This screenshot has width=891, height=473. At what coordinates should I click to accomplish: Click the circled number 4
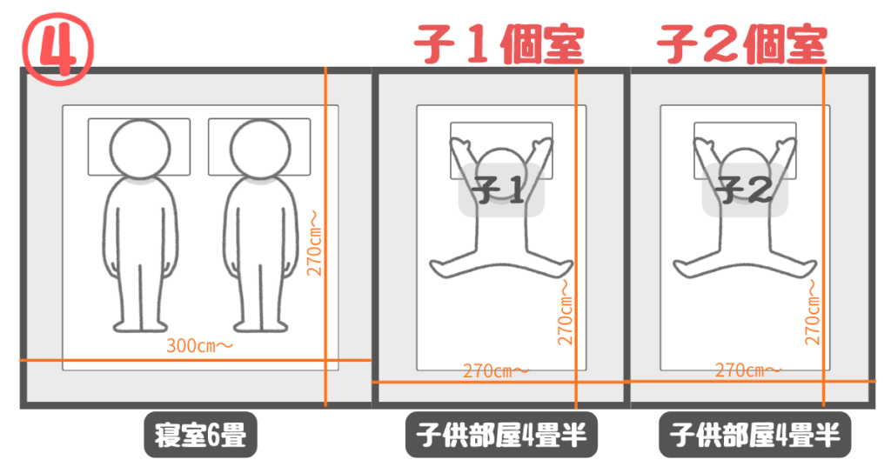pyautogui.click(x=57, y=49)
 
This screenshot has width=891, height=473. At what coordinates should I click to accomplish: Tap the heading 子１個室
pyautogui.click(x=499, y=44)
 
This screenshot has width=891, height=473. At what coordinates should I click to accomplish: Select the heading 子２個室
pyautogui.click(x=741, y=44)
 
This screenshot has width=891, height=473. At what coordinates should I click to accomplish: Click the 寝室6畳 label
pyautogui.click(x=200, y=435)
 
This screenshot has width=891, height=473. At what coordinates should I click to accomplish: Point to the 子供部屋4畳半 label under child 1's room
pyautogui.click(x=501, y=435)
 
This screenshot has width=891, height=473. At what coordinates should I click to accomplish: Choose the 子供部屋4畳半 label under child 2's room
pyautogui.click(x=754, y=435)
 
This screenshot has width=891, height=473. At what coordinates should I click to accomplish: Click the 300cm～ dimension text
pyautogui.click(x=199, y=345)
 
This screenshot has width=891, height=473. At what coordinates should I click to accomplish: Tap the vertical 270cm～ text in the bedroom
pyautogui.click(x=314, y=243)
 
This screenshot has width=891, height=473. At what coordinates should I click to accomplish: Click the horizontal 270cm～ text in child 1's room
pyautogui.click(x=495, y=370)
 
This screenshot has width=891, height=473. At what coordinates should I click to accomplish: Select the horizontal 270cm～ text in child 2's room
pyautogui.click(x=747, y=370)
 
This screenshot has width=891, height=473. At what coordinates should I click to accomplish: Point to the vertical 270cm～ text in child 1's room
pyautogui.click(x=565, y=312)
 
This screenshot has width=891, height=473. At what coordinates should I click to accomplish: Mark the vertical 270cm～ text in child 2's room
pyautogui.click(x=813, y=312)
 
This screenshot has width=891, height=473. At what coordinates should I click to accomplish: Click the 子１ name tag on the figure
pyautogui.click(x=501, y=190)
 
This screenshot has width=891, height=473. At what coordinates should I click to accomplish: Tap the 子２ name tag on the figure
pyautogui.click(x=745, y=190)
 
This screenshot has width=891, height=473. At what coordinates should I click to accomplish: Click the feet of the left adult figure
pyautogui.click(x=140, y=325)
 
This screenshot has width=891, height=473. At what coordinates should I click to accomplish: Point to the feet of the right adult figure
pyautogui.click(x=261, y=325)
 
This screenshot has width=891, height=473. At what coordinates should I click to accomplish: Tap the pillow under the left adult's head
pyautogui.click(x=139, y=146)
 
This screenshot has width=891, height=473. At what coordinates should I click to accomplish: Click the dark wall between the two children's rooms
pyautogui.click(x=626, y=237)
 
